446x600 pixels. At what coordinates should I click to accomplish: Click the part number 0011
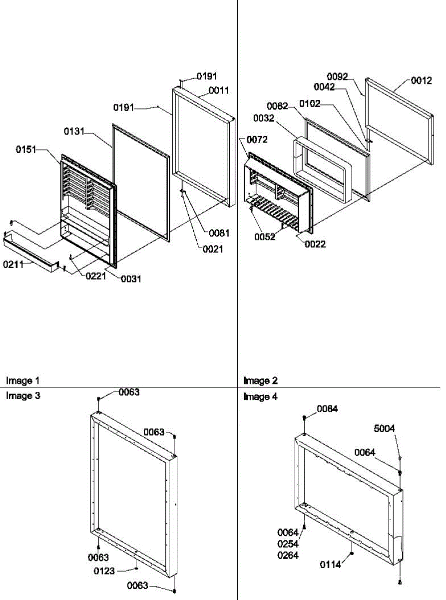pos(219,90)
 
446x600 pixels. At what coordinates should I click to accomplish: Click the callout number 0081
pos(219,233)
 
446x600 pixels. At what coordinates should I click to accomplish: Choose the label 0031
pos(131,279)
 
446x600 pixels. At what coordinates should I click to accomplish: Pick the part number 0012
pos(422,80)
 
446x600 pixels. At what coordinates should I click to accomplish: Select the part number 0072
pos(257,139)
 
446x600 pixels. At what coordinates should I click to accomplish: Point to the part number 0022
pos(316,244)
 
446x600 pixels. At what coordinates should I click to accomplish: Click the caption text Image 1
pos(22,381)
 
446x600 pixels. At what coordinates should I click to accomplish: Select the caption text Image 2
pos(260,381)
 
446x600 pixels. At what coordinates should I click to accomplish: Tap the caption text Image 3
pos(22,396)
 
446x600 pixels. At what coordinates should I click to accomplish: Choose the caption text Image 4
pos(260,396)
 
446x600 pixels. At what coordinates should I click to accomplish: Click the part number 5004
pos(385,428)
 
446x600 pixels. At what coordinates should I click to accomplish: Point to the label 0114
pos(331,564)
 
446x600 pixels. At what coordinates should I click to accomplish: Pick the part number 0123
pos(104,570)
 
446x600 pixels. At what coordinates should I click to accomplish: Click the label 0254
pos(288,544)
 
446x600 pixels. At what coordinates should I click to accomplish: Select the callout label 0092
pos(338,76)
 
